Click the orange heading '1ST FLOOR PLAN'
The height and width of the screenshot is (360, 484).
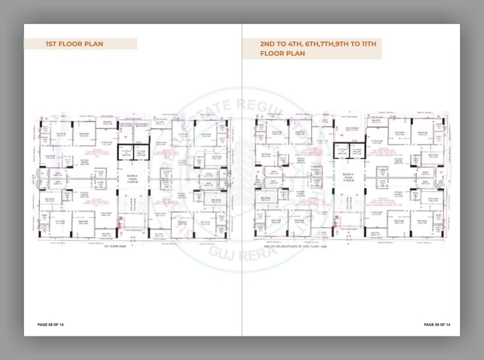coord(74,44)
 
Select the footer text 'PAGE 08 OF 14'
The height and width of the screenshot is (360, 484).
coord(50,325)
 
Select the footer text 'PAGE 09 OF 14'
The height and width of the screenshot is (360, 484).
coord(437,325)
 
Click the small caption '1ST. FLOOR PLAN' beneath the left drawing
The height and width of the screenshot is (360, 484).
coord(114,246)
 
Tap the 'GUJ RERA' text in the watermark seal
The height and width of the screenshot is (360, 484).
coord(233,252)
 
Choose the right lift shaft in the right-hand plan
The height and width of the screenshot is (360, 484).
coord(358,151)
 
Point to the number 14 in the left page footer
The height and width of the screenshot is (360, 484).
coord(61,325)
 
